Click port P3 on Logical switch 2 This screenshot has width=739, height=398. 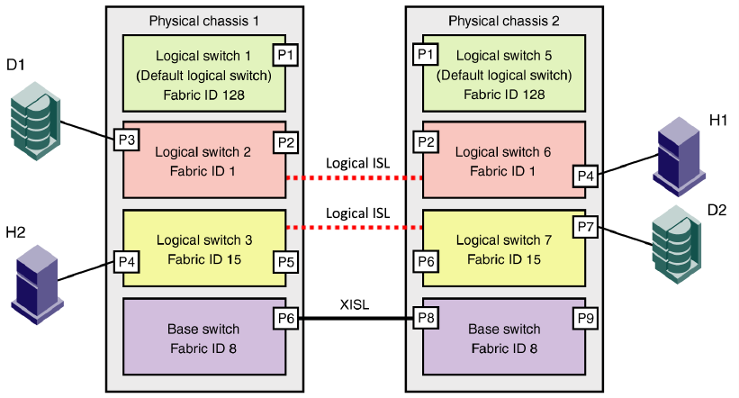125,140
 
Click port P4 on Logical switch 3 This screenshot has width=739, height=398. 125,261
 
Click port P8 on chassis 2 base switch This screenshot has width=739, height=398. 425,318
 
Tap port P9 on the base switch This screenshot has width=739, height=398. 585,318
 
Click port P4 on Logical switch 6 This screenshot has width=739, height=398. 585,176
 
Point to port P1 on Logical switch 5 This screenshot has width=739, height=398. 425,55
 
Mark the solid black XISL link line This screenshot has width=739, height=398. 356,318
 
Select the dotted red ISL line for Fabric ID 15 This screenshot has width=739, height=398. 356,228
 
